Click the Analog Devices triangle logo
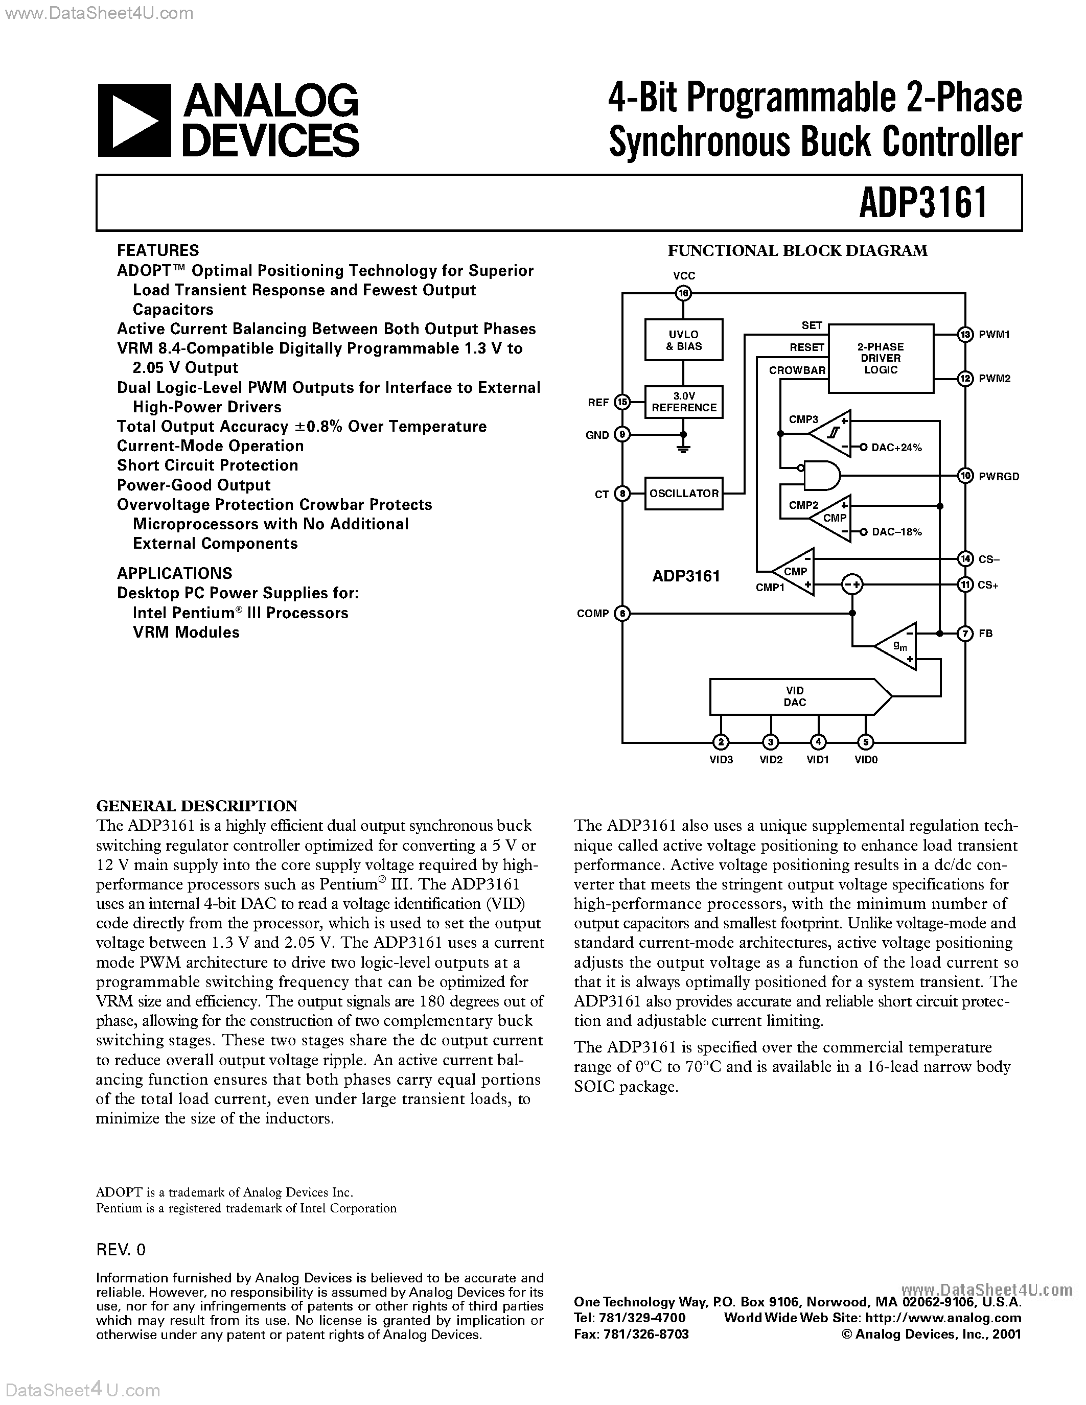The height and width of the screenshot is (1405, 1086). (x=134, y=120)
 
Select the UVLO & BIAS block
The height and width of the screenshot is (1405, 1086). (x=683, y=340)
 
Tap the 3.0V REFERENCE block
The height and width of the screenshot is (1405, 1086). (x=683, y=402)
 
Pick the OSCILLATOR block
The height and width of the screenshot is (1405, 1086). (x=683, y=494)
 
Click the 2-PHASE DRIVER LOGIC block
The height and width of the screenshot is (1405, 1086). (x=880, y=358)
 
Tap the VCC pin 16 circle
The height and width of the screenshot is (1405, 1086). (x=683, y=294)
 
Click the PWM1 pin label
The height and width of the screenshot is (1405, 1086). (x=994, y=335)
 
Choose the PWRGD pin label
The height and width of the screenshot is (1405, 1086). (x=999, y=477)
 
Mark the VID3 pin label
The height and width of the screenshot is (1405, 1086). (x=721, y=760)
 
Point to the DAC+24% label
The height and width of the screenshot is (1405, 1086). (x=896, y=448)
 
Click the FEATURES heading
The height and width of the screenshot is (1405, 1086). (x=157, y=250)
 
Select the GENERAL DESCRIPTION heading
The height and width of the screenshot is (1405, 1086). (x=196, y=806)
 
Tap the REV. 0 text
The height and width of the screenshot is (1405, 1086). (x=121, y=1249)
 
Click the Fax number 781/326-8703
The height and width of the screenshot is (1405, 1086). (x=631, y=1334)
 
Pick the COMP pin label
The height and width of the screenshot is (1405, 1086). (x=592, y=614)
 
